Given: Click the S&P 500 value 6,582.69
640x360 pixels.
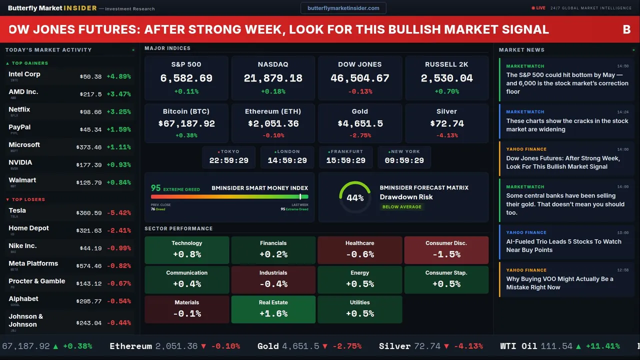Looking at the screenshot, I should (x=186, y=78).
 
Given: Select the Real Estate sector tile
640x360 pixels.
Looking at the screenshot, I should (x=273, y=309).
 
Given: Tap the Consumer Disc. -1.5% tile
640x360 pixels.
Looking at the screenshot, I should (x=446, y=250).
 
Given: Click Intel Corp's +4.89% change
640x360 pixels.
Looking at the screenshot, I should (x=118, y=77).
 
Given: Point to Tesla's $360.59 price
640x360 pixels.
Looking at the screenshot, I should (x=90, y=213).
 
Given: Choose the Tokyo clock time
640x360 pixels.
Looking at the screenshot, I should (x=228, y=160).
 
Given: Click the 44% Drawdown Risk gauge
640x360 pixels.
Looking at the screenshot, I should (x=355, y=197).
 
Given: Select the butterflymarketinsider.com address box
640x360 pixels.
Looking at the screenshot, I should (x=343, y=8).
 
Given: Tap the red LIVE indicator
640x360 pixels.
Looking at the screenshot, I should (x=538, y=8).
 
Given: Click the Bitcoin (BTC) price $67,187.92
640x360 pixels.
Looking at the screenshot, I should (x=186, y=123).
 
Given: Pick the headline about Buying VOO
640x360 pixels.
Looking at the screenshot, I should (x=559, y=283).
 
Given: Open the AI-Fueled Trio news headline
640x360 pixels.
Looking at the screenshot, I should (x=563, y=245).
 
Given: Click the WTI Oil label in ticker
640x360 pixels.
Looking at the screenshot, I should (x=521, y=346).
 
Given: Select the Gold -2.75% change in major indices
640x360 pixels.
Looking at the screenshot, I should (x=359, y=135).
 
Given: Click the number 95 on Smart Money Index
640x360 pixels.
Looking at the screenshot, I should (x=155, y=188).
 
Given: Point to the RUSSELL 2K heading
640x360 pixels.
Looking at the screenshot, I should (x=446, y=64).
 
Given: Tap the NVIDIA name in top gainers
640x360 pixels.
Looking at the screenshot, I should (x=20, y=162).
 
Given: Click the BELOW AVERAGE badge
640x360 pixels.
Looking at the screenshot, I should (x=401, y=206).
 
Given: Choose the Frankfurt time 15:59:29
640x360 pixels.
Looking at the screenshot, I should (x=345, y=160).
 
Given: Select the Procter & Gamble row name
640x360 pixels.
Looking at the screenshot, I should (x=36, y=281).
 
